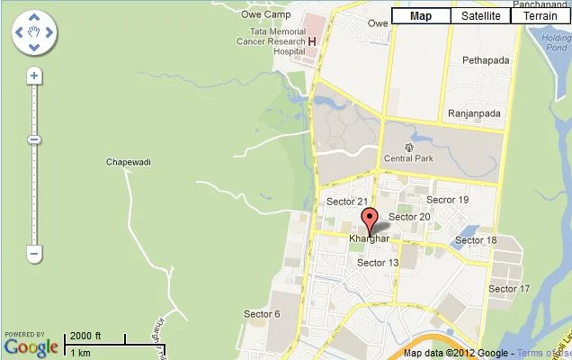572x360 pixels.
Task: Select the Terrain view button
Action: tap(540, 16)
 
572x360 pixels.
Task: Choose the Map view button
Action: tap(421, 16)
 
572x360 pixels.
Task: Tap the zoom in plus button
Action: tap(34, 76)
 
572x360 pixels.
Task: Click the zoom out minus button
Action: tap(34, 254)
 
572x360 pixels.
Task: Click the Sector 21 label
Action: tap(347, 202)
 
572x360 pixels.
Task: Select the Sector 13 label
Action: tap(378, 263)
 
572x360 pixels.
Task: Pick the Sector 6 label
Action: tap(262, 313)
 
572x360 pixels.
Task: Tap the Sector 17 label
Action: tap(509, 289)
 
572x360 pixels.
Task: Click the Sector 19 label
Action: tap(447, 200)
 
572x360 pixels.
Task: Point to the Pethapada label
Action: tap(486, 60)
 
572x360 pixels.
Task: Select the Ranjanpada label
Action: tap(475, 114)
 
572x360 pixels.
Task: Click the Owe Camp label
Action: tap(267, 14)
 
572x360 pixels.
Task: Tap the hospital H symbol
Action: tap(312, 41)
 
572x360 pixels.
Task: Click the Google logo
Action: tap(31, 346)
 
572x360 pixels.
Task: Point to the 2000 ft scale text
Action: tap(86, 337)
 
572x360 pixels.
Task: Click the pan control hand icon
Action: tap(34, 33)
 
